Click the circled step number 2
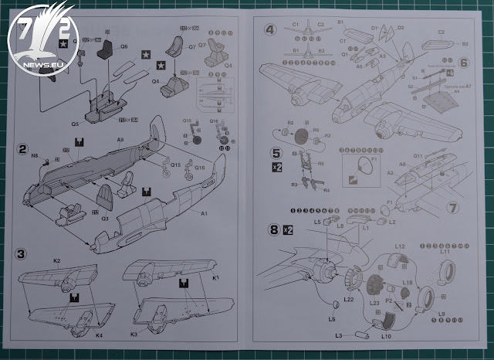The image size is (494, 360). point(24,148)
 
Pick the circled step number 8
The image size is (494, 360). point(273,229)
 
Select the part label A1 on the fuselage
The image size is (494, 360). point(205,213)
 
